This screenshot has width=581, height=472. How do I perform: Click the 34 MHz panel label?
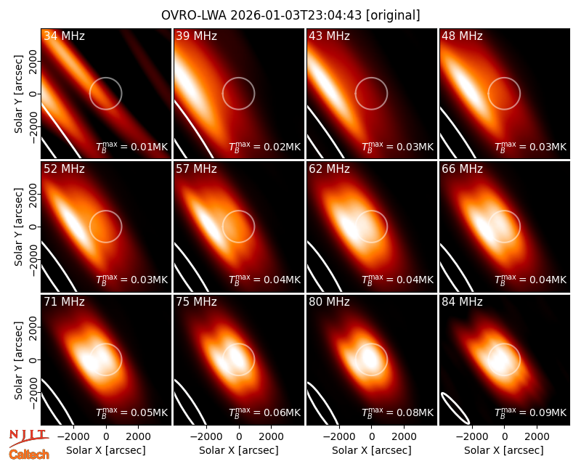click(x=64, y=36)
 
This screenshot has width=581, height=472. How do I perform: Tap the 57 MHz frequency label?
click(x=196, y=169)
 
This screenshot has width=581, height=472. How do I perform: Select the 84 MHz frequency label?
click(x=462, y=302)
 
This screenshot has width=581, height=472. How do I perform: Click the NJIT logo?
click(x=28, y=438)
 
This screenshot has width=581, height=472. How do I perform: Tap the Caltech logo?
click(x=29, y=455)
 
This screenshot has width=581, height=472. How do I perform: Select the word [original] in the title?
click(x=393, y=15)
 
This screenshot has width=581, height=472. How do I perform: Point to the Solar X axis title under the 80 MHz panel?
click(x=372, y=450)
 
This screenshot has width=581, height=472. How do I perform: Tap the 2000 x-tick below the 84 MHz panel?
click(x=537, y=437)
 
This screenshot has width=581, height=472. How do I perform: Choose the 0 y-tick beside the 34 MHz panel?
click(x=33, y=94)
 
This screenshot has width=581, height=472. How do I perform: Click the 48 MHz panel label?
click(x=462, y=36)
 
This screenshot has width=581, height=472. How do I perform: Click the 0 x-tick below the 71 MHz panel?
click(x=106, y=437)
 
